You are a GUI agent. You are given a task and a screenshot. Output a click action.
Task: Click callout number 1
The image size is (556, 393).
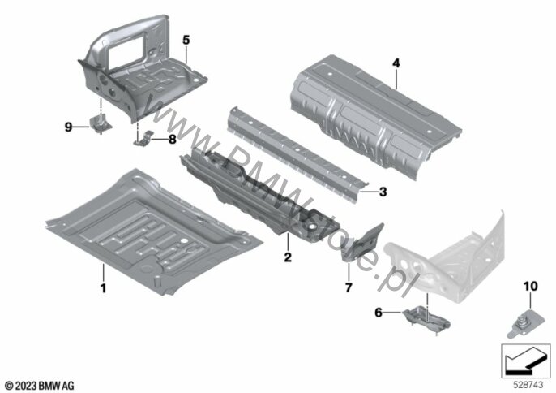pos(103,287)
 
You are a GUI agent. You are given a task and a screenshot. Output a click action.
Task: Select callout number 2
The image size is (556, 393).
pos(288,257)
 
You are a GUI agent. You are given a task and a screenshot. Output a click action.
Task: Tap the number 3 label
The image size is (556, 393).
pos(383,192)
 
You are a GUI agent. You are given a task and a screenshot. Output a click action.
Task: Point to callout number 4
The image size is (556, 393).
pos(396,63)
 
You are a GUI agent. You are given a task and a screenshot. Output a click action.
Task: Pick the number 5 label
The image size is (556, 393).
pos(186,40)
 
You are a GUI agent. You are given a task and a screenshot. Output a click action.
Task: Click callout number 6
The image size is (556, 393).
pos(379,313)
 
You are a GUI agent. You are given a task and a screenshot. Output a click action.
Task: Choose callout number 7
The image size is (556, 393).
pos(349,287)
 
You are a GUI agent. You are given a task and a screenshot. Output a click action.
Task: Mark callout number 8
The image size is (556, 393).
pos(173,140)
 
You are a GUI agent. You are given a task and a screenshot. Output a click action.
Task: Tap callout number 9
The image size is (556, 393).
pos(68,127)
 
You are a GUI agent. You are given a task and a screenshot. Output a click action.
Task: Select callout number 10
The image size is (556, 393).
pos(530,286)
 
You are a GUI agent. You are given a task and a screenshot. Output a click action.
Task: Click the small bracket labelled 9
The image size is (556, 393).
pos(101,123)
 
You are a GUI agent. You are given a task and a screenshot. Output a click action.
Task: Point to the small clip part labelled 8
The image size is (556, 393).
pos(144,139)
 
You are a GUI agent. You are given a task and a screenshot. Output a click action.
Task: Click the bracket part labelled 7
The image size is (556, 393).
pos(363,243)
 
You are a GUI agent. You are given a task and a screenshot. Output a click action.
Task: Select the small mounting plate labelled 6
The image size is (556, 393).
pos(426,318)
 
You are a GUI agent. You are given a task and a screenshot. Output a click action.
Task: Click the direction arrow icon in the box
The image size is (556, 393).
pos(526,361)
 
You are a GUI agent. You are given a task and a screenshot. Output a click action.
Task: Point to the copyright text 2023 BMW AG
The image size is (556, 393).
pos(40,386)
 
